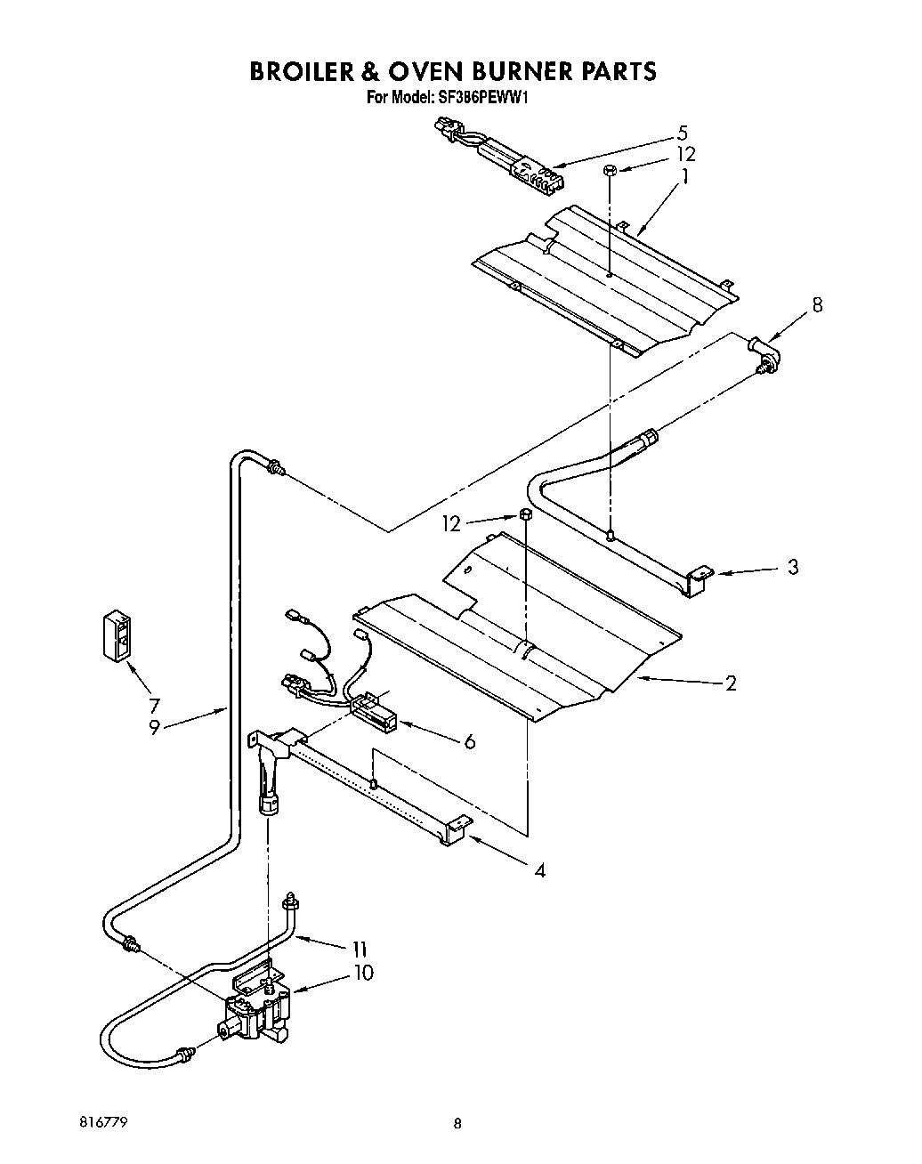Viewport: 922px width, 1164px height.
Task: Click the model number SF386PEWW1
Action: coord(482,99)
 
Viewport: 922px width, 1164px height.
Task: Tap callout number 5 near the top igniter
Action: coord(683,133)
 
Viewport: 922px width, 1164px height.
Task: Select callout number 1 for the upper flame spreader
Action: coord(684,177)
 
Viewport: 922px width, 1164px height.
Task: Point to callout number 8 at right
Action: coord(817,305)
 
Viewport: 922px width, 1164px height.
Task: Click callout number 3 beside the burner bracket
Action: coord(792,567)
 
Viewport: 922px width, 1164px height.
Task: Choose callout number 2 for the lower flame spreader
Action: coord(731,683)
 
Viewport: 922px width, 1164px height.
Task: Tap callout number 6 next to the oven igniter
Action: coord(470,740)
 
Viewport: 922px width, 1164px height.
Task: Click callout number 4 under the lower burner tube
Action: coord(539,869)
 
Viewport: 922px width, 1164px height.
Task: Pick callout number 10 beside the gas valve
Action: coord(362,973)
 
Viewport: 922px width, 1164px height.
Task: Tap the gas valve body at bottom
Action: coord(258,1014)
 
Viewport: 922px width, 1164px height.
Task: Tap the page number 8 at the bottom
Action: coord(457,1124)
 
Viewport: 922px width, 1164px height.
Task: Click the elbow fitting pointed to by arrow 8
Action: coord(766,353)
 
